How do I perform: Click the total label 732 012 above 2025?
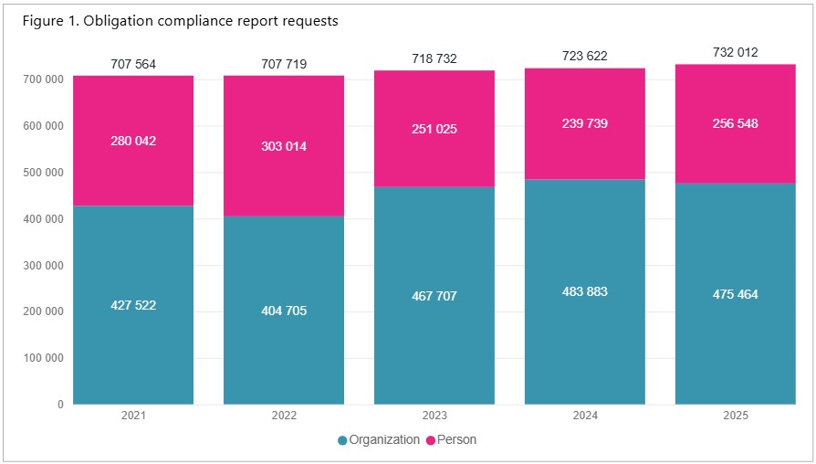[735, 52]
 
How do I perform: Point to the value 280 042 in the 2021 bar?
[133, 141]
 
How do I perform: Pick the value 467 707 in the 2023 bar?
[434, 296]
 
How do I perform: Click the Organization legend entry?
[379, 440]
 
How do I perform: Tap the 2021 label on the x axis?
[133, 416]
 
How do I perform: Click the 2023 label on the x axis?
[434, 416]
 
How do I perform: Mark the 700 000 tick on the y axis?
[42, 79]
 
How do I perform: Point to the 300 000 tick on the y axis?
[42, 266]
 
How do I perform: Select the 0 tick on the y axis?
[59, 405]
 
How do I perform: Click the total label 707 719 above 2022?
[284, 64]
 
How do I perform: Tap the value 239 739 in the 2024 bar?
[584, 123]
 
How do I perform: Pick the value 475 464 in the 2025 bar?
[735, 294]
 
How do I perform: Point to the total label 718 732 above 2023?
[434, 58]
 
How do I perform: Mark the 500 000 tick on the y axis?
[42, 173]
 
